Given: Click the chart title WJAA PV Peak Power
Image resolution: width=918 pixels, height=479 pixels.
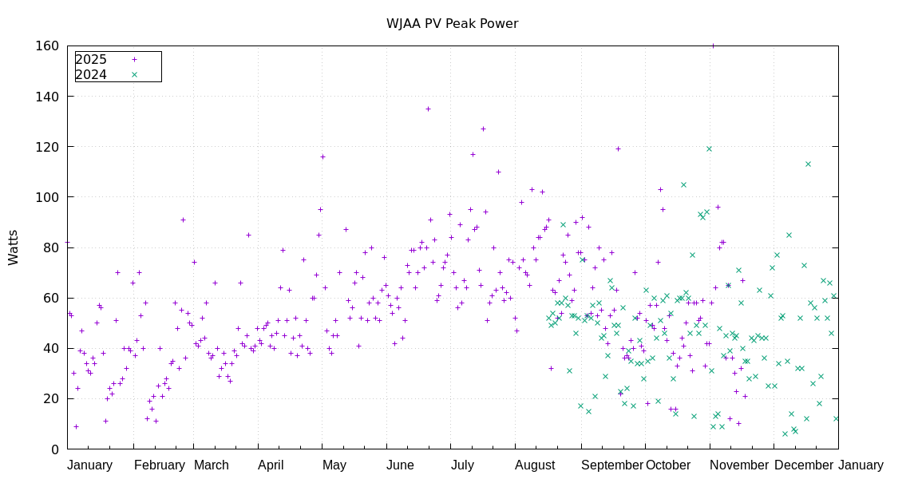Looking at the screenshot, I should (x=452, y=23).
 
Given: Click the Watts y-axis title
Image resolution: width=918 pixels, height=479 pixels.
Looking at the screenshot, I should (x=14, y=247).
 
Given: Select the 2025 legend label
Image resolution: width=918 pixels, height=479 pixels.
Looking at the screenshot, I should (x=91, y=59).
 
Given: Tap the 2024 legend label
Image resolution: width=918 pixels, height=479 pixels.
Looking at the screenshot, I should (x=91, y=75).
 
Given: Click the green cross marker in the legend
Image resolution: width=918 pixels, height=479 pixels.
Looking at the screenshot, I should (x=134, y=75).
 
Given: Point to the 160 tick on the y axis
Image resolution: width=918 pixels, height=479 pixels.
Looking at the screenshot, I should (x=47, y=46).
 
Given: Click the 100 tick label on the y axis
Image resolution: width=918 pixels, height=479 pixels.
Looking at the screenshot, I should (x=47, y=197).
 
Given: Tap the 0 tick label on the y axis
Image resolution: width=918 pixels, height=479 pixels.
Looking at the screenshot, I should (x=54, y=449).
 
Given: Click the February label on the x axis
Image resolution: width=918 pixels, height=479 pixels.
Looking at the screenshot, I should (x=159, y=465).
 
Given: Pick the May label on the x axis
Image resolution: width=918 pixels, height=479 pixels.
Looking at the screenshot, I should (x=334, y=465).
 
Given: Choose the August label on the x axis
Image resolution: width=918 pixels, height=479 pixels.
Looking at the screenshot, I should (x=534, y=465).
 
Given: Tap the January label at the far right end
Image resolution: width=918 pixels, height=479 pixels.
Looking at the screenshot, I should (x=861, y=465).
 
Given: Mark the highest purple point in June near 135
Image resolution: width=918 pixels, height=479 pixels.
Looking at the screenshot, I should (x=428, y=109).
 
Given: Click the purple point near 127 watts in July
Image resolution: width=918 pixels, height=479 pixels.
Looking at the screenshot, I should (x=483, y=129).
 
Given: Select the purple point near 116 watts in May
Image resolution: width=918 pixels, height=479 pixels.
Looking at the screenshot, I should (x=322, y=156).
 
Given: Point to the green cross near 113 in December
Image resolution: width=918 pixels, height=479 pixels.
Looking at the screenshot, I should (x=808, y=164).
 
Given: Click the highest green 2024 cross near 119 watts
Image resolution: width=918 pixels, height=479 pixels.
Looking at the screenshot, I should (x=709, y=148).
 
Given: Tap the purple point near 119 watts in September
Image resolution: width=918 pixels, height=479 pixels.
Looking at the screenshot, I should (x=618, y=148).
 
